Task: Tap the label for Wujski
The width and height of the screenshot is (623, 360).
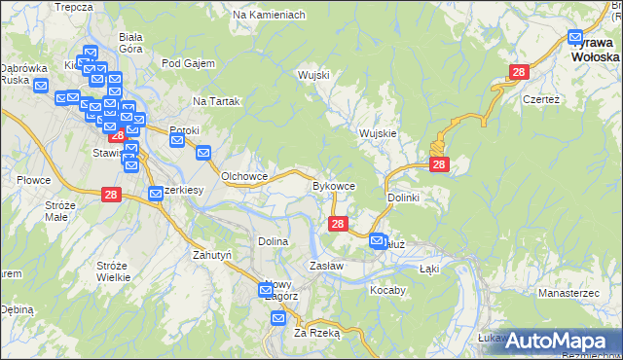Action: click(x=314, y=75)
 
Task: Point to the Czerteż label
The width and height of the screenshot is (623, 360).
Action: click(x=542, y=99)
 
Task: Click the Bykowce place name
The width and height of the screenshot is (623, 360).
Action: click(x=340, y=185)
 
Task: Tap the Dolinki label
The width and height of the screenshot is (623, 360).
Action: click(x=403, y=198)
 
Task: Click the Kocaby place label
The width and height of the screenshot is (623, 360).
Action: click(x=387, y=290)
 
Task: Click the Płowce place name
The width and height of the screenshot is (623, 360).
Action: click(x=33, y=180)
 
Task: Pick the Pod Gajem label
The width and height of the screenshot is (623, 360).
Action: click(x=186, y=64)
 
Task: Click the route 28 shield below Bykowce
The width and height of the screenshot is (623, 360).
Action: click(x=338, y=225)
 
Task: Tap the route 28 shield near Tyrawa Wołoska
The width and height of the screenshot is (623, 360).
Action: click(x=519, y=72)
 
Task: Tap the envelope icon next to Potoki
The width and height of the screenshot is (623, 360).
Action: click(x=177, y=140)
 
